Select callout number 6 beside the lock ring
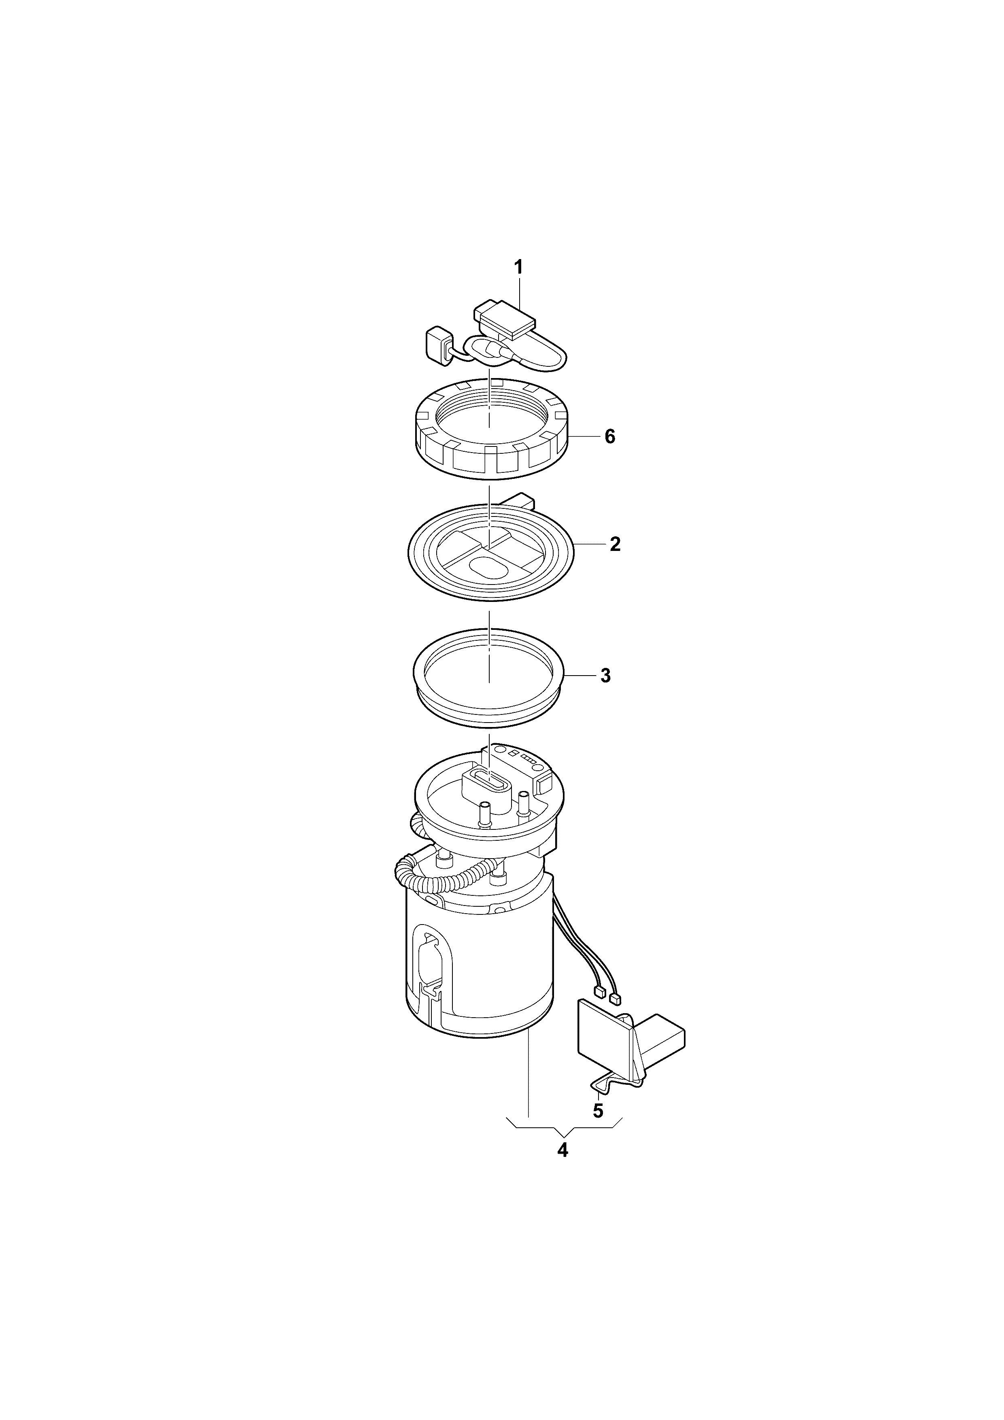tap(610, 437)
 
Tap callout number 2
tap(615, 544)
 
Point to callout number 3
tap(606, 676)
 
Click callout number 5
tap(598, 1111)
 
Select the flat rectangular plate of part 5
tap(605, 1042)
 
